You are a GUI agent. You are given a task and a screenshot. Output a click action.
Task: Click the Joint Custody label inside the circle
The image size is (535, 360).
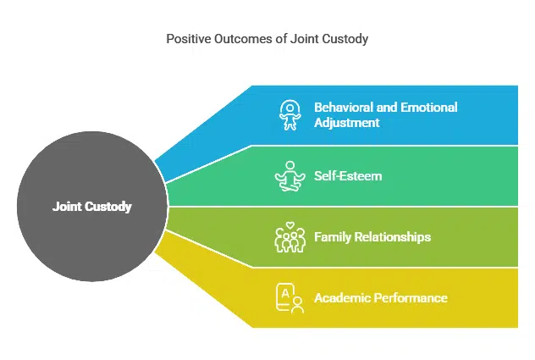pyautogui.click(x=91, y=206)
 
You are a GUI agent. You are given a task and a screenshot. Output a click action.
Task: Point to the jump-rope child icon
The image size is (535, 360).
pyautogui.click(x=290, y=115)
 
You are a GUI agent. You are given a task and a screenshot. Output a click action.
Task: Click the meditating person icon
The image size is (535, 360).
pyautogui.click(x=290, y=176)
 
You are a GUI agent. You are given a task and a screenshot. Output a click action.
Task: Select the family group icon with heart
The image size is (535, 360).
pyautogui.click(x=290, y=237)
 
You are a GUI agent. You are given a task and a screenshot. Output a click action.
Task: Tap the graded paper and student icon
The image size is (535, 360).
pyautogui.click(x=290, y=298)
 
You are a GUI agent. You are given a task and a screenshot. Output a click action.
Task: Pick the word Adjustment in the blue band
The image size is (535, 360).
pyautogui.click(x=347, y=123)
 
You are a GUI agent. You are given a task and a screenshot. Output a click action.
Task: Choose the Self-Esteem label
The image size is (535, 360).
pyautogui.click(x=348, y=176)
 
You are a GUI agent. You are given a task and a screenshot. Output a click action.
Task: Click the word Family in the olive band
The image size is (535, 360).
pyautogui.click(x=333, y=237)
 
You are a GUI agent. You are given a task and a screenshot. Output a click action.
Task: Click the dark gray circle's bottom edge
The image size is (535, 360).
pyautogui.click(x=91, y=280)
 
